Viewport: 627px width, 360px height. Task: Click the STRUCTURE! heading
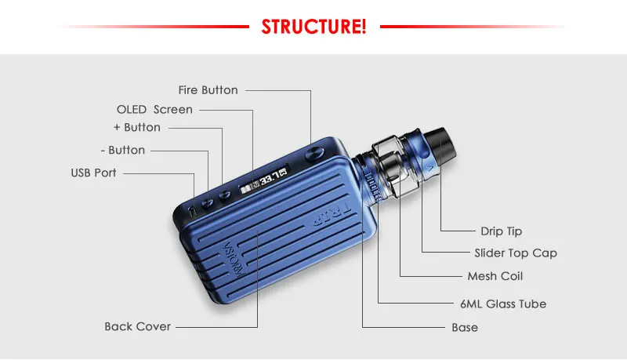point(313,27)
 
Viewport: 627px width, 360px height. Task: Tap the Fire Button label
point(208,90)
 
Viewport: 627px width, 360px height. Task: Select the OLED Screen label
point(154,110)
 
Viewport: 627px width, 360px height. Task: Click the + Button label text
point(136,127)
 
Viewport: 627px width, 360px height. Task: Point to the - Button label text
point(123,150)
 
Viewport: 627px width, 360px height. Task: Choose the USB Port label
point(93,173)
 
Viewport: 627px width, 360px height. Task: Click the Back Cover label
point(137,326)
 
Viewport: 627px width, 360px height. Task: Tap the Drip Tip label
point(501,231)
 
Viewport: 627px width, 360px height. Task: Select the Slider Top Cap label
point(516,253)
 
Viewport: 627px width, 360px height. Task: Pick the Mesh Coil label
point(495,276)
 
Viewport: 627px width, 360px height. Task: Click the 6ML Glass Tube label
point(502,304)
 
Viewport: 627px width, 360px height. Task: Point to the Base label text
point(464,327)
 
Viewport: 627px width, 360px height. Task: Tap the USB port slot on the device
point(194,210)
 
